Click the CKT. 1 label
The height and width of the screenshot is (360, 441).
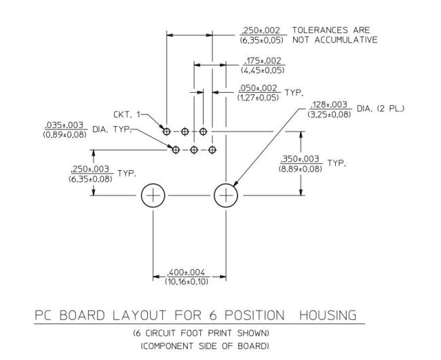pos(127,115)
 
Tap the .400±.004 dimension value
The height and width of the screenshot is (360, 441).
pos(186,273)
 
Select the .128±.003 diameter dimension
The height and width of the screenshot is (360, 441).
pos(329,104)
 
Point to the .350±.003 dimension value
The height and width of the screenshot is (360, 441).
pos(300,159)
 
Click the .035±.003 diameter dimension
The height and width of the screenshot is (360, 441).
pos(64,125)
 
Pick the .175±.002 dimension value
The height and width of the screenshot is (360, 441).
pos(263,61)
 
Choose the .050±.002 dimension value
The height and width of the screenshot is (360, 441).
pos(258,88)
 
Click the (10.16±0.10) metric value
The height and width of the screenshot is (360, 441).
pos(187,281)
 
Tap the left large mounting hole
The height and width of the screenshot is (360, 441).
pos(153,196)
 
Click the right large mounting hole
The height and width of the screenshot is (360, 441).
pos(226,196)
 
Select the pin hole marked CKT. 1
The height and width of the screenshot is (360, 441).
pos(166,132)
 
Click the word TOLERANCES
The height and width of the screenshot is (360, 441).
pos(316,30)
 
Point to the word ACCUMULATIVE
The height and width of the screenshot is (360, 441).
pos(346,40)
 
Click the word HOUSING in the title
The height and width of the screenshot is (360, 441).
pos(328,315)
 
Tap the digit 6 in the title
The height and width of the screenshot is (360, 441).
pos(213,315)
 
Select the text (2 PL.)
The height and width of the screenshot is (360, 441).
pos(391,108)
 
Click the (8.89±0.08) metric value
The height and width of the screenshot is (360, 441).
pos(300,169)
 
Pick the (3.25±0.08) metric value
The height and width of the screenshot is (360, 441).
pos(329,115)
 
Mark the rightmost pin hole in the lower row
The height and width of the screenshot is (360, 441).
pos(212,150)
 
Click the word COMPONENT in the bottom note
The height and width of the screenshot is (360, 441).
pos(167,346)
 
